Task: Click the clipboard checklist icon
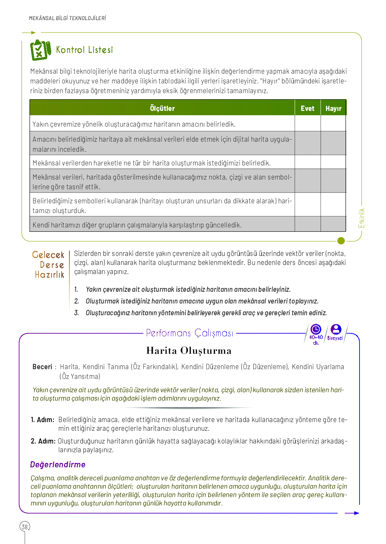(x=40, y=50)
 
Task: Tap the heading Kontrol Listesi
(x=84, y=50)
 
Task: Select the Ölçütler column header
(x=162, y=108)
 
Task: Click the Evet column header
(x=307, y=108)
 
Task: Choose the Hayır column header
(x=333, y=108)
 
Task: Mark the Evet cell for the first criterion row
(x=307, y=123)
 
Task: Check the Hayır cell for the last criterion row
(x=333, y=224)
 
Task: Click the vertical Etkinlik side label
(x=362, y=218)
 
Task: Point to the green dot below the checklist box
(x=341, y=241)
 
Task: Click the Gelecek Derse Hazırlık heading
(x=49, y=265)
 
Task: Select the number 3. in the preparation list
(x=76, y=313)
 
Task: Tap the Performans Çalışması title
(x=189, y=333)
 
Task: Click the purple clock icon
(x=316, y=330)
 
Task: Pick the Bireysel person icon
(x=335, y=330)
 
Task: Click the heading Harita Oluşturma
(x=189, y=351)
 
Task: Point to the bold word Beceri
(x=42, y=367)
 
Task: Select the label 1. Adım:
(x=43, y=420)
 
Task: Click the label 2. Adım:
(x=43, y=441)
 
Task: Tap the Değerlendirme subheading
(x=58, y=465)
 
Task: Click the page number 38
(x=25, y=527)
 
